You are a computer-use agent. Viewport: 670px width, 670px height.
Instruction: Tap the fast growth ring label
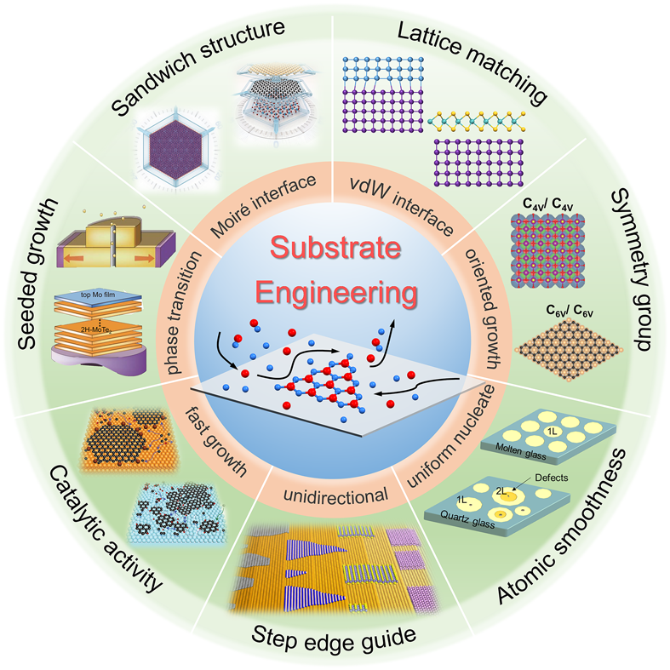click(216, 443)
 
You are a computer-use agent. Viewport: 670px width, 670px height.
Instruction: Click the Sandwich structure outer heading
click(200, 66)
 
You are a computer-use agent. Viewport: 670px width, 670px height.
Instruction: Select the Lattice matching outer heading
click(474, 63)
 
